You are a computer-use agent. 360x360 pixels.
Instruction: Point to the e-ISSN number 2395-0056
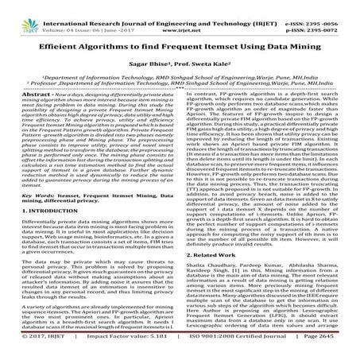pyautogui.click(x=337, y=7)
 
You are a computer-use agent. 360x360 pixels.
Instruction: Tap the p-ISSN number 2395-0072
pyautogui.click(x=337, y=15)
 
